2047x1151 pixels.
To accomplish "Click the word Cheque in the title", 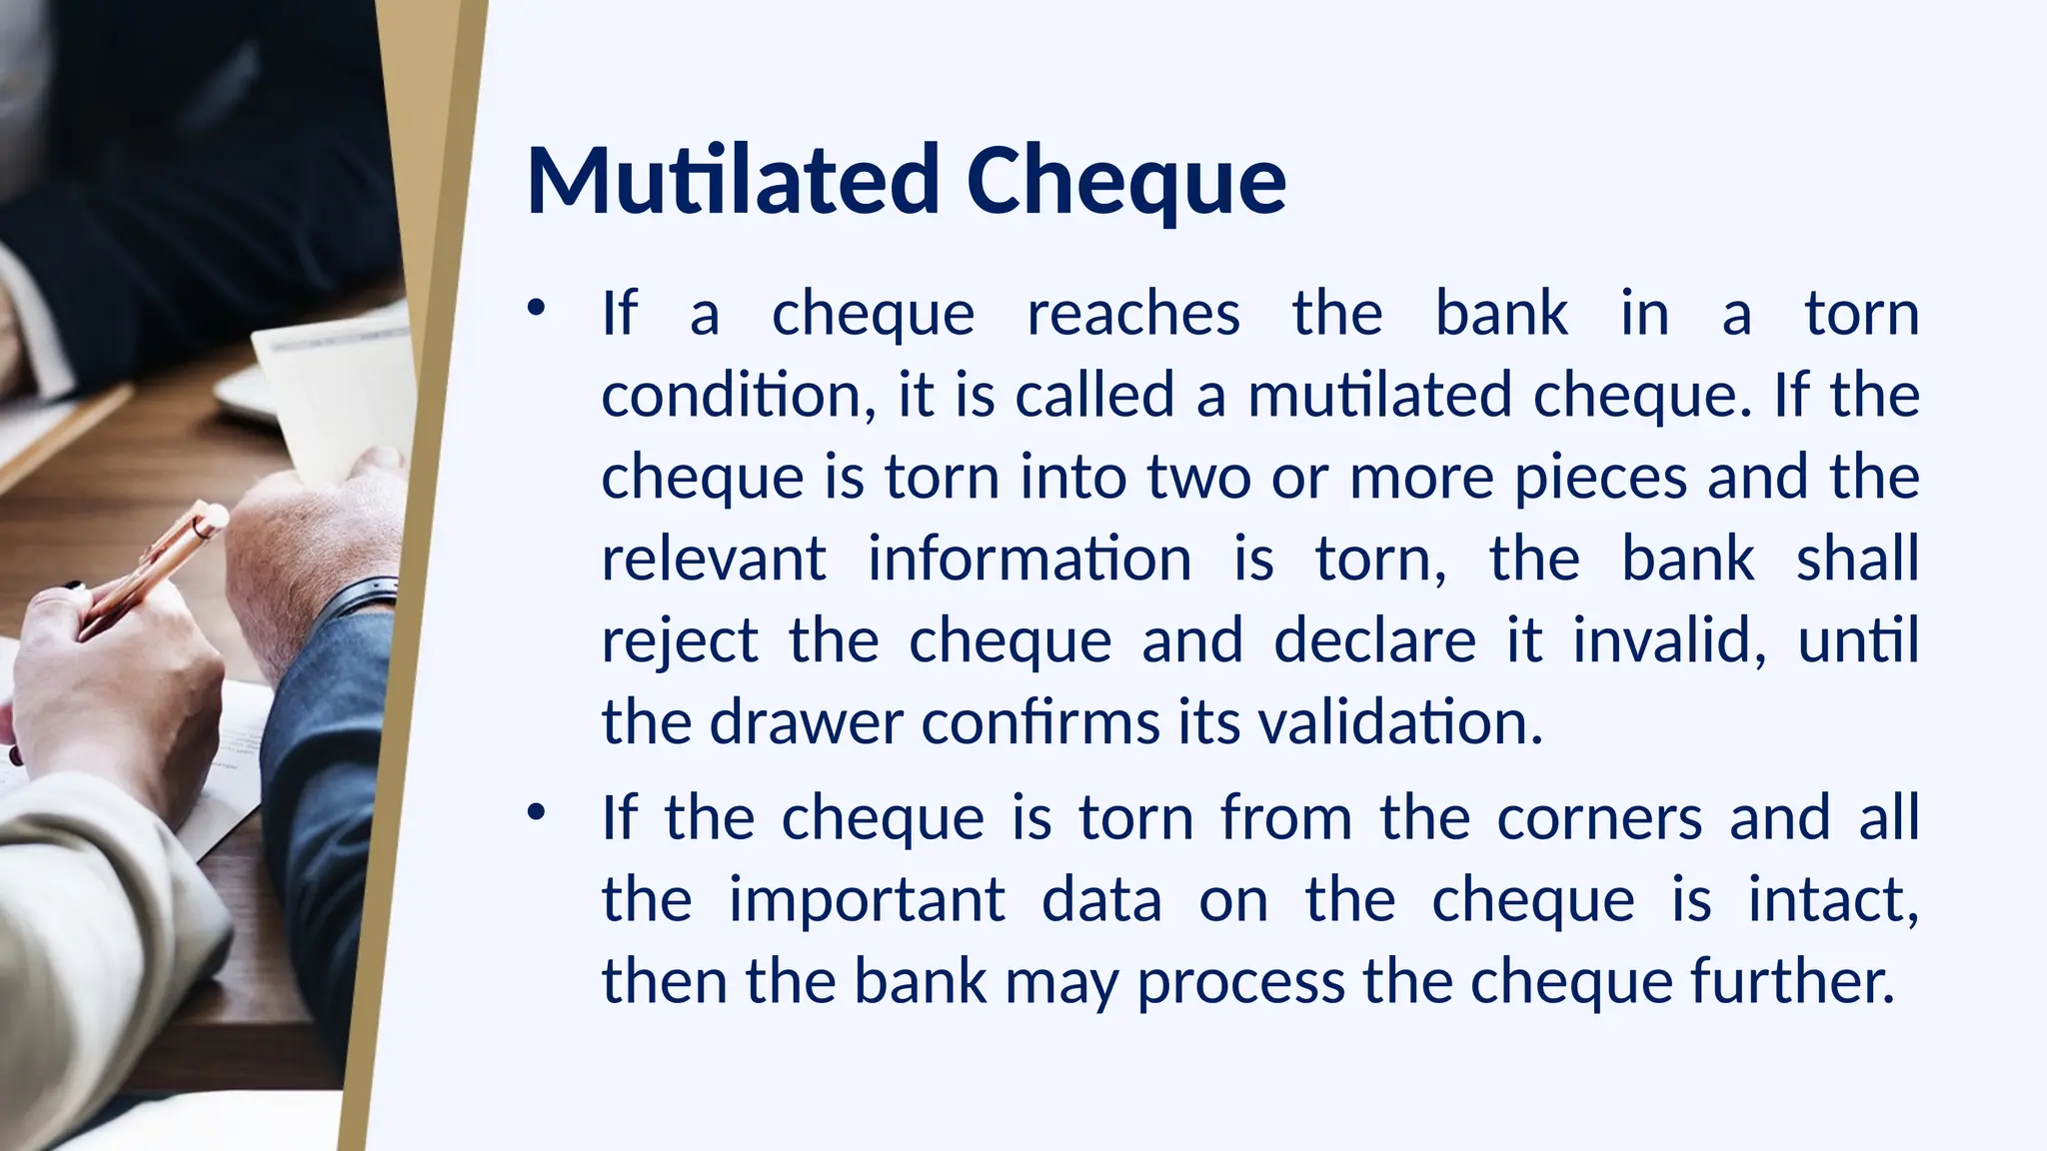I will click(1125, 183).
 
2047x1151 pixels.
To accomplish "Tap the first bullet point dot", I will click(537, 308).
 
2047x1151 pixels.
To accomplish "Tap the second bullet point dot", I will click(537, 812).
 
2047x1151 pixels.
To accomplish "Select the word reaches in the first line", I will click(1133, 314).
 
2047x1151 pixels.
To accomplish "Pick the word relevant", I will click(714, 559).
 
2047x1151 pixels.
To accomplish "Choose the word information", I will click(1028, 559).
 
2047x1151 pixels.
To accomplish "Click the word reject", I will click(680, 641).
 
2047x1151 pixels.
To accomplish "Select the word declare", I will click(1374, 640).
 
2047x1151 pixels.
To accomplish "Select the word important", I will click(867, 901).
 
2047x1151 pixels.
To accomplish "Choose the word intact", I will click(1832, 900).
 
